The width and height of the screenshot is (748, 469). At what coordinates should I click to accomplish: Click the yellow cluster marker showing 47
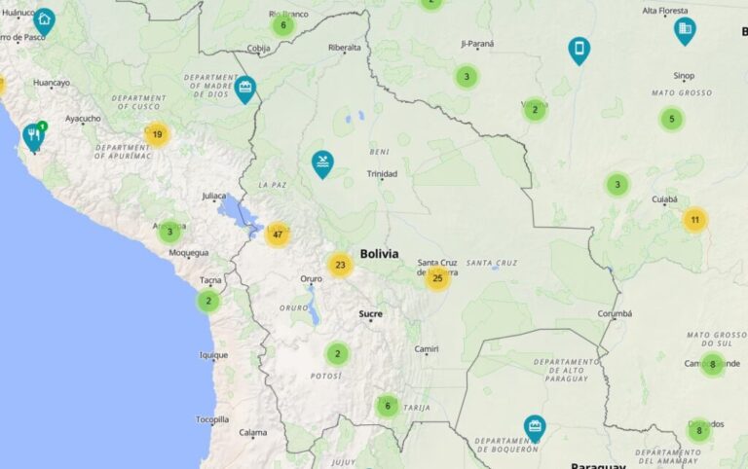[278, 234]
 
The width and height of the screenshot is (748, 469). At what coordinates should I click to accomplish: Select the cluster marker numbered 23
[340, 265]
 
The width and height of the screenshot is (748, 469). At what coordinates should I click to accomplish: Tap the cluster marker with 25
[437, 278]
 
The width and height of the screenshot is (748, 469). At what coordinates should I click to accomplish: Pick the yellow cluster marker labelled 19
[157, 135]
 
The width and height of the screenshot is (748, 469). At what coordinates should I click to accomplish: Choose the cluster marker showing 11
[694, 220]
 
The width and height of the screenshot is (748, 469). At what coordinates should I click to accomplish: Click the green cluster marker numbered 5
[671, 120]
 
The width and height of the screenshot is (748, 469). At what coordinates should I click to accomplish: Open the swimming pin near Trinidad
[321, 162]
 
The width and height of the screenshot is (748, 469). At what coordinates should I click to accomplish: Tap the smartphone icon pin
[580, 49]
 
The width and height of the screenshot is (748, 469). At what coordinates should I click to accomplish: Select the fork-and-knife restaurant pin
[34, 135]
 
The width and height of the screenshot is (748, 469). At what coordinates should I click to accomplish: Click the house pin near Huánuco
[44, 19]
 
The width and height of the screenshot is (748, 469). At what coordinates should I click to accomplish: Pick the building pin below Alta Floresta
[685, 29]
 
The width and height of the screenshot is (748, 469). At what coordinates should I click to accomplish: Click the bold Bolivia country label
[379, 254]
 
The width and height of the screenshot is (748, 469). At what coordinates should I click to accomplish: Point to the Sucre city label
[370, 314]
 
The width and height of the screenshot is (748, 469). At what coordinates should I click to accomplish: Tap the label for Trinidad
[382, 174]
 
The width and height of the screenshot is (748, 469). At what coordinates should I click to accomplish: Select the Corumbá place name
[615, 313]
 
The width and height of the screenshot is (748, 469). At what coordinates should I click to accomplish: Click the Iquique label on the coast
[213, 355]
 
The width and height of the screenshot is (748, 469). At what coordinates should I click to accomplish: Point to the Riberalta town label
[345, 47]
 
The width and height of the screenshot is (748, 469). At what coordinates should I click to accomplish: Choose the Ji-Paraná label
[477, 44]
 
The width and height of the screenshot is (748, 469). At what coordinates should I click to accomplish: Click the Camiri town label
[427, 349]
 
